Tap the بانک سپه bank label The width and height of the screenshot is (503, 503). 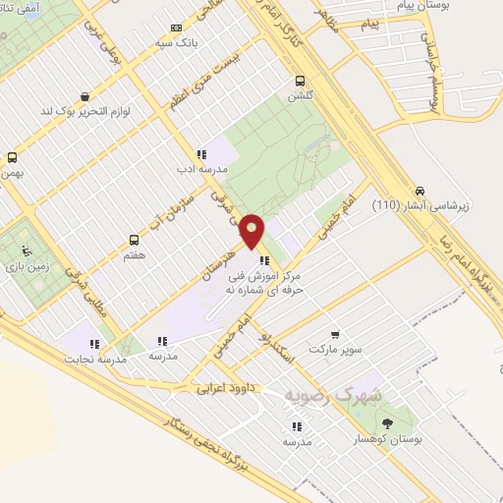coord(196,43)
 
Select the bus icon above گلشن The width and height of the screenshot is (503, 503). coord(300,81)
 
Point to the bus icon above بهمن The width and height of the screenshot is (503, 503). coord(12,157)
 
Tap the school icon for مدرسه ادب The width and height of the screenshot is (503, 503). coord(201,154)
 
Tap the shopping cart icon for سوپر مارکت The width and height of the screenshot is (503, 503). coord(336,335)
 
